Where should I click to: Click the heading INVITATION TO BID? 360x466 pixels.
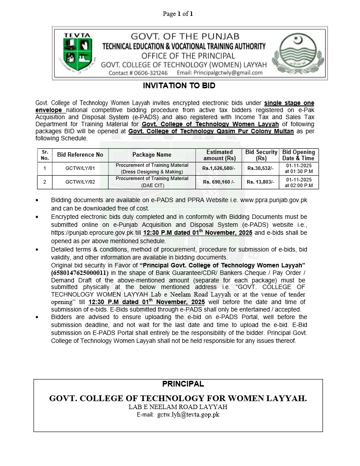click(x=179, y=85)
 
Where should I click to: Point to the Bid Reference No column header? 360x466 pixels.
click(x=80, y=155)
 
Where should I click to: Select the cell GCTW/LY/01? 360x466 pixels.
click(x=80, y=169)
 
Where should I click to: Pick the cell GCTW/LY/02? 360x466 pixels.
click(x=80, y=182)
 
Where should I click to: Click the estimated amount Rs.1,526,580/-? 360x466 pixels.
click(x=219, y=169)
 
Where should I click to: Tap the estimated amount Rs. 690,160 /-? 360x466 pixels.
click(x=219, y=182)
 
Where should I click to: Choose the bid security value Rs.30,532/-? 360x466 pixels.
click(x=261, y=169)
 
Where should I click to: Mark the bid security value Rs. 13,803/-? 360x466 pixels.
click(x=261, y=182)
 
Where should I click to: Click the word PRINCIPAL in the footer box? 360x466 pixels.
click(x=183, y=384)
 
